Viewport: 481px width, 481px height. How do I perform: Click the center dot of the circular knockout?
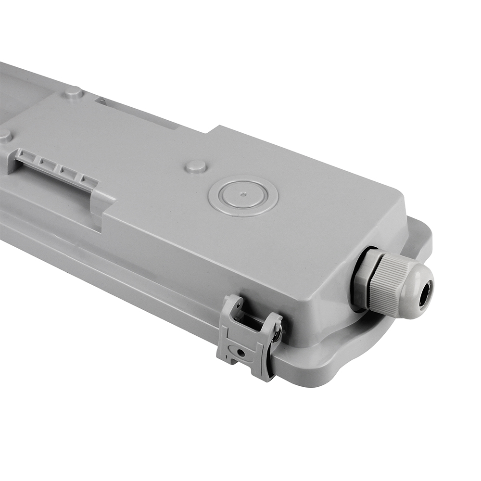point(243,194)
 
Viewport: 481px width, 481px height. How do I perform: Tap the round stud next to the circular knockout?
point(196,166)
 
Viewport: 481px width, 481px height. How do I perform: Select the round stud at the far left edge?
point(5,136)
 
